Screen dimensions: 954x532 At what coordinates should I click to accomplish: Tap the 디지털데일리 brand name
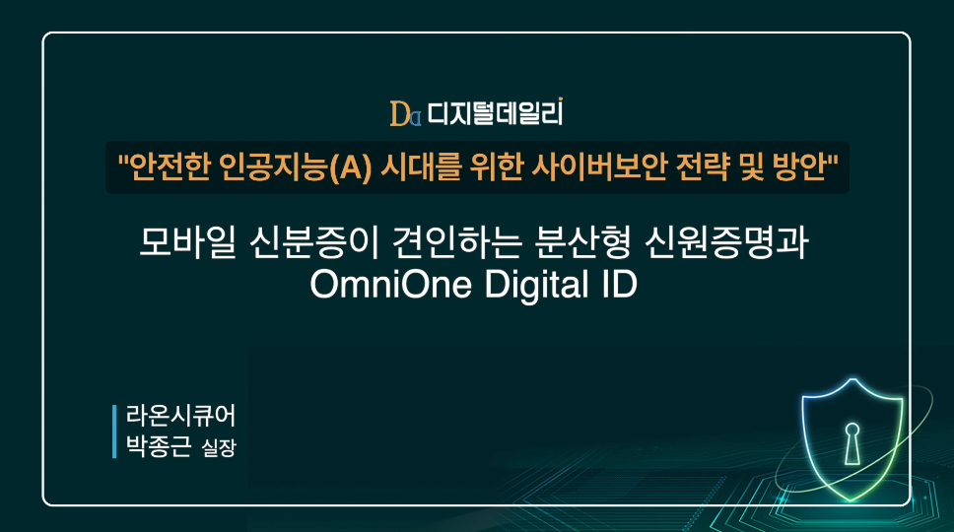point(495,113)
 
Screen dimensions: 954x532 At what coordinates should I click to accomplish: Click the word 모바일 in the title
point(187,242)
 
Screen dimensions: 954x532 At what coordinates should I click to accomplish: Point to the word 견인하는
point(457,242)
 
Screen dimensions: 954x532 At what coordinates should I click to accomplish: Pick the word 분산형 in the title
point(582,242)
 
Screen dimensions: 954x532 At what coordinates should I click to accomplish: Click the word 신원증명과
point(726,242)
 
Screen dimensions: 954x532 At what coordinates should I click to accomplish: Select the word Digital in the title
point(536,285)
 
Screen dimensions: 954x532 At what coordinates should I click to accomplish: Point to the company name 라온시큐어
point(180,417)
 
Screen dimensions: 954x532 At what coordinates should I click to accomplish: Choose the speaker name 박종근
point(159,445)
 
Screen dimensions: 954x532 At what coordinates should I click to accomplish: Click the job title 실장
point(219,448)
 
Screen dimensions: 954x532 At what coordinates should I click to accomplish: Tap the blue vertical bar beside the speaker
point(114,432)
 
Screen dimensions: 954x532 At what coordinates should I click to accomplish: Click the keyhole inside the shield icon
point(852,444)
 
